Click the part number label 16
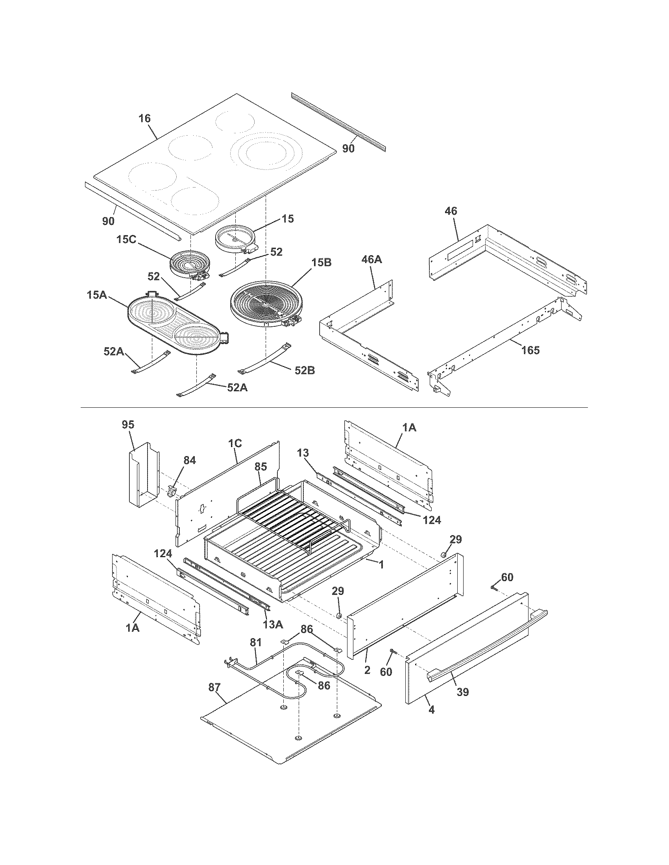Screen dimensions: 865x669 coord(145,118)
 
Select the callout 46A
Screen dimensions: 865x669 coord(372,260)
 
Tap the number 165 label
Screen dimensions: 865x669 coord(530,350)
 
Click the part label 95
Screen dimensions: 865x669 coord(128,425)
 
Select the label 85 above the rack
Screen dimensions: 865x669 coord(261,468)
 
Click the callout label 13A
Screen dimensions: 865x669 coord(273,624)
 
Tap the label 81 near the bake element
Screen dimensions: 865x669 coord(256,642)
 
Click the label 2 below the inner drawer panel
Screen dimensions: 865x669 coord(367,670)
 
